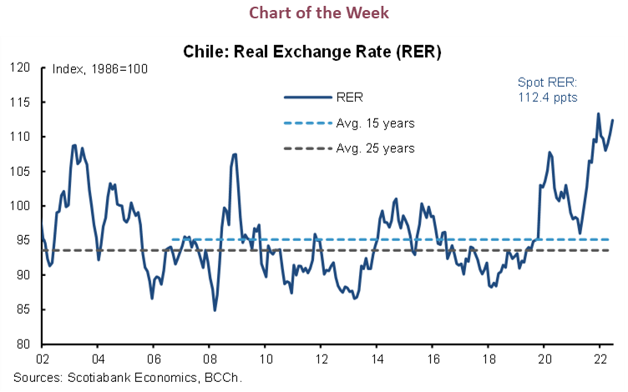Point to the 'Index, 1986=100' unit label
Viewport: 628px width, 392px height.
(x=100, y=68)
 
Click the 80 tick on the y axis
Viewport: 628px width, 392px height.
(x=23, y=344)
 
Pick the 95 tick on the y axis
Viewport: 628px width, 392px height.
(x=23, y=240)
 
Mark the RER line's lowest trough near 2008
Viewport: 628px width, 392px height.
(x=215, y=310)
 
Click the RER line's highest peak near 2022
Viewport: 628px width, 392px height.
(x=598, y=113)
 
